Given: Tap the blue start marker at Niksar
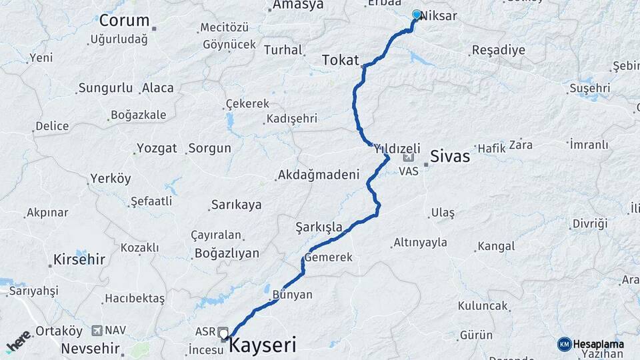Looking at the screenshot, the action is coord(417,14).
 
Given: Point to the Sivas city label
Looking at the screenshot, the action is coord(450,157).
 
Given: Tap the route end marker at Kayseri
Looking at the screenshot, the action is coord(223,333).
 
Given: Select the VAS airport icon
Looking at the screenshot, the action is coord(408,159).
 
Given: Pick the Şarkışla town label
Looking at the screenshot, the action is coord(319,227).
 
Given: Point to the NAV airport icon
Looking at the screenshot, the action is coord(98,330).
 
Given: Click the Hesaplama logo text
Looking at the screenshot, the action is coord(599,344).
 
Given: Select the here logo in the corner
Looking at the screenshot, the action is coord(19,340).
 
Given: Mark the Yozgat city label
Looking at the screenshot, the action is coord(157,148).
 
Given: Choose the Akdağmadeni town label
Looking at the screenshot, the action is coord(318,175).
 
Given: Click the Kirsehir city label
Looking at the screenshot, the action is coord(79,259).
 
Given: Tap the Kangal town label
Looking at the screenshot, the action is coord(496,247).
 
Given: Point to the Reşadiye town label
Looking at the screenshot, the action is coord(498,50).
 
